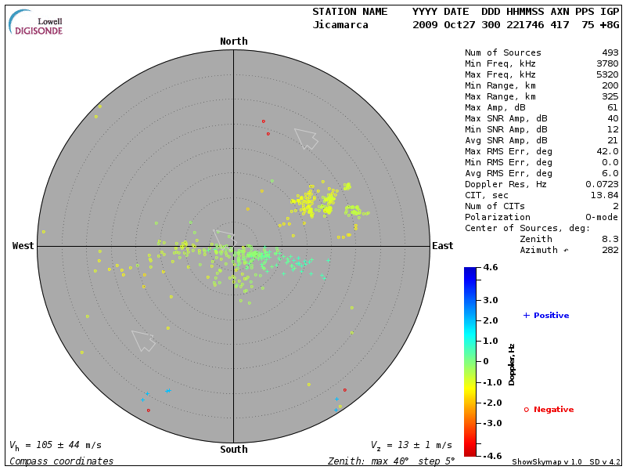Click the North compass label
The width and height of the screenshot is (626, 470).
click(233, 42)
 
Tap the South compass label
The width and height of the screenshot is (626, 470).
click(233, 450)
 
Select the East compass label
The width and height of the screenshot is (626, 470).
click(442, 246)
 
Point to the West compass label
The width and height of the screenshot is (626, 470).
click(23, 246)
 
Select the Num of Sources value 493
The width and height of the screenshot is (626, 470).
click(610, 53)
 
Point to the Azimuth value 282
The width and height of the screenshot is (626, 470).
click(610, 250)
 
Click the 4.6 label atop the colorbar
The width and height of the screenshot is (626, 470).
click(491, 268)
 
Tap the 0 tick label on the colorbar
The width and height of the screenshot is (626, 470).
click(486, 361)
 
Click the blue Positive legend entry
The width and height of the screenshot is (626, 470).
click(546, 316)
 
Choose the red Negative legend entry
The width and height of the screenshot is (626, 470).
click(549, 410)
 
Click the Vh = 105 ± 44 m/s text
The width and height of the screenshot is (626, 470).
click(55, 445)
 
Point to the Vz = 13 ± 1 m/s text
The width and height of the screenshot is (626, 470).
click(411, 445)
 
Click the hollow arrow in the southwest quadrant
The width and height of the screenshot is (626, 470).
click(143, 340)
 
